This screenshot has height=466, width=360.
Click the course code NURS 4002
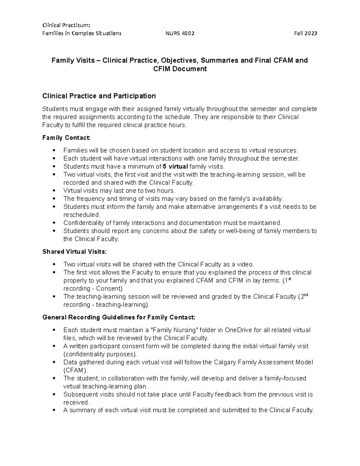(180, 33)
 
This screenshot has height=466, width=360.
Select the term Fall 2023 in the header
(305, 33)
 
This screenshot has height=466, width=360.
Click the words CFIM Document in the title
(180, 69)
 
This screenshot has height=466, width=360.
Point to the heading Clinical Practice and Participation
(99, 96)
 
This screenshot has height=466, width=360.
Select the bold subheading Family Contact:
(66, 138)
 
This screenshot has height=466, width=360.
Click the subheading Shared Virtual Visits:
(74, 251)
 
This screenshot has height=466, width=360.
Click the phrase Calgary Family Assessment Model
(263, 362)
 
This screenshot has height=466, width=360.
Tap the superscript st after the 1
(289, 279)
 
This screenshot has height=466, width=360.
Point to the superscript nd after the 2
(306, 295)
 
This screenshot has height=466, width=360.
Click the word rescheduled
(81, 215)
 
